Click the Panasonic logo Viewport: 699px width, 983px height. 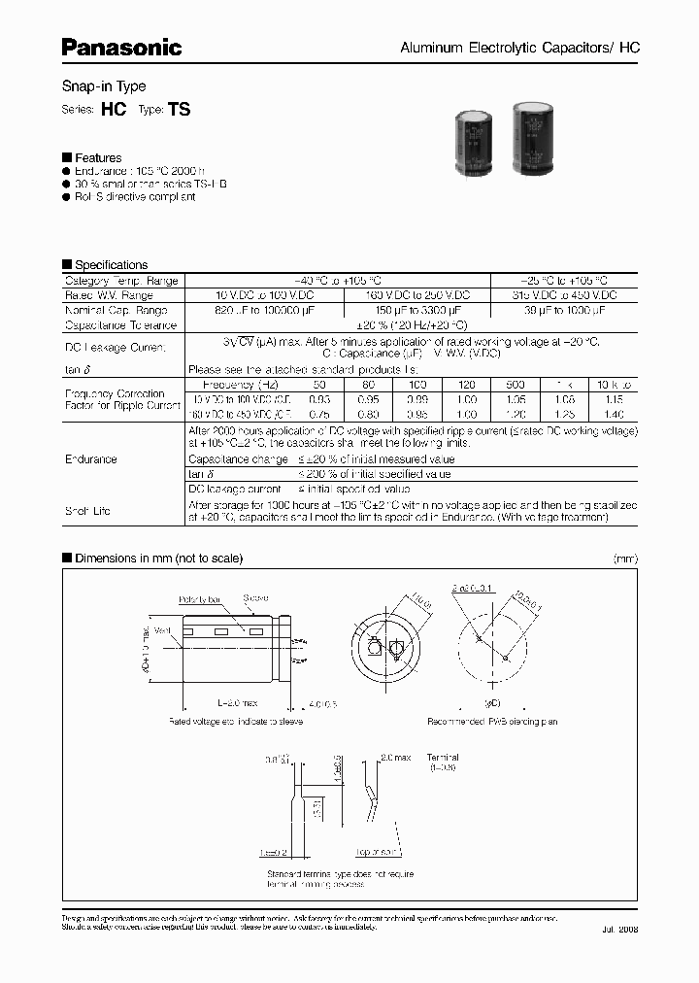click(x=122, y=46)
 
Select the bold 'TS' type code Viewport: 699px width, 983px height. click(x=180, y=111)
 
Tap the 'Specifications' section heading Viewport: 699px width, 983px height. click(x=111, y=264)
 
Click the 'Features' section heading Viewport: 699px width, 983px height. click(x=98, y=157)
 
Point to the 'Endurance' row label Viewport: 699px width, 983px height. click(x=90, y=458)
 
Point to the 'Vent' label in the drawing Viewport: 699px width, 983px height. click(x=160, y=631)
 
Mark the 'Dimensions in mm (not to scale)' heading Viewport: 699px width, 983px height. click(x=158, y=558)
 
